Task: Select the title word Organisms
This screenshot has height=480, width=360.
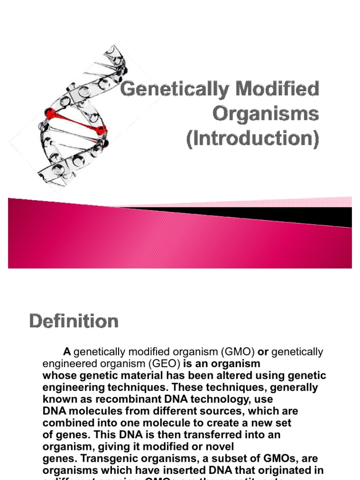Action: (266, 114)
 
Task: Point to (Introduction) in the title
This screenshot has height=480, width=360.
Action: (252, 139)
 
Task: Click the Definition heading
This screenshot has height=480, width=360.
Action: (74, 322)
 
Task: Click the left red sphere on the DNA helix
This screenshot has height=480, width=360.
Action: (49, 112)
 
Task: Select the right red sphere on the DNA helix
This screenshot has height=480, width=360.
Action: (101, 130)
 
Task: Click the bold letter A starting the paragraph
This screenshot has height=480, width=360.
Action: (67, 352)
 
